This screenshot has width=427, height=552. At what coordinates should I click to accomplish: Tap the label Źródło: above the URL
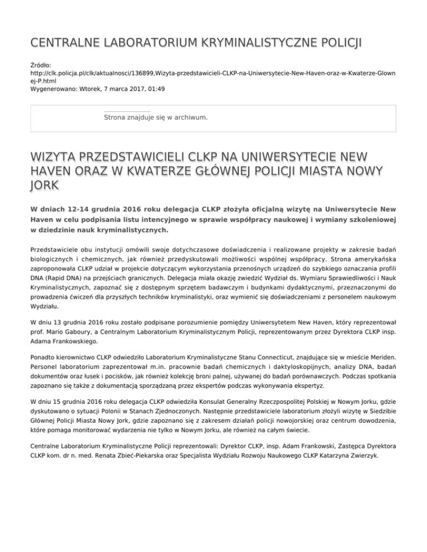pyautogui.click(x=42, y=65)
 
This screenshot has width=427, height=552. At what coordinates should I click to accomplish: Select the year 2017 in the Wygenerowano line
pyautogui.click(x=131, y=88)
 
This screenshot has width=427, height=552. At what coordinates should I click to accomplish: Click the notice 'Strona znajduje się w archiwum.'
pyautogui.click(x=156, y=118)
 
